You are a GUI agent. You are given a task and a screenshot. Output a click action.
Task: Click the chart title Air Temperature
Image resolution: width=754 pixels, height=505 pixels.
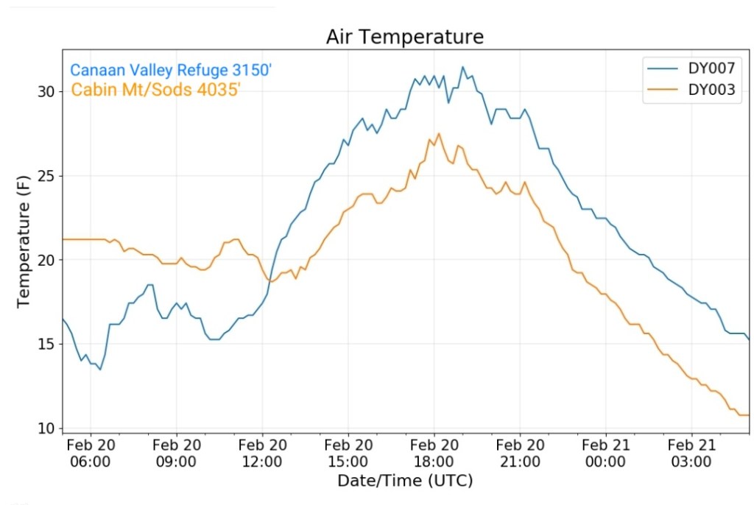tap(404, 37)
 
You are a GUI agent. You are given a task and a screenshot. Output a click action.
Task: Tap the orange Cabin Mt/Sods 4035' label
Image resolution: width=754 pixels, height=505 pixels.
tap(156, 91)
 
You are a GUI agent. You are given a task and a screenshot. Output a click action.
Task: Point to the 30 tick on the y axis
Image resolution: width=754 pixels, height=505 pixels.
tap(45, 92)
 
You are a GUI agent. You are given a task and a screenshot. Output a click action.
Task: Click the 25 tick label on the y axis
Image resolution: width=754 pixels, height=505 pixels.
tap(45, 176)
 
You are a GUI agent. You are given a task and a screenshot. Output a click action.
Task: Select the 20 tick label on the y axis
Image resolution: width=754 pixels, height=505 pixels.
tap(45, 260)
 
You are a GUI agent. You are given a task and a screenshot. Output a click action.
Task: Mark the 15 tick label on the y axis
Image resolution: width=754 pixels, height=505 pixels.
tap(45, 344)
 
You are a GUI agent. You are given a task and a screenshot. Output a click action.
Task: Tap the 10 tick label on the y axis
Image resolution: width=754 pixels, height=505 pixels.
tap(45, 428)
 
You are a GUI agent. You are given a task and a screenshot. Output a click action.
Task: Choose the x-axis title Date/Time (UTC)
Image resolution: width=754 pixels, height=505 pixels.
tap(404, 481)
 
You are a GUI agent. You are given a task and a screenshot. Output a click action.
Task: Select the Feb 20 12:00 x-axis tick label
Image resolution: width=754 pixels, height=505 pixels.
tap(262, 453)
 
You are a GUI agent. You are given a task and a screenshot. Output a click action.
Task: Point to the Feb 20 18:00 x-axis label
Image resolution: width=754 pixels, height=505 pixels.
tap(434, 453)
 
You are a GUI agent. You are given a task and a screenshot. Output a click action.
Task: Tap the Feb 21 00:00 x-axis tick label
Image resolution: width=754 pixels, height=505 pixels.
tap(605, 453)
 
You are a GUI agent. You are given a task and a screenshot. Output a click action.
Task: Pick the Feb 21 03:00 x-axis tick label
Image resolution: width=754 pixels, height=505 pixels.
tap(691, 453)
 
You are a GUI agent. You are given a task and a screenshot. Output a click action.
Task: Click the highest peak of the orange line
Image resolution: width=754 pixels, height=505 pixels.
tap(439, 133)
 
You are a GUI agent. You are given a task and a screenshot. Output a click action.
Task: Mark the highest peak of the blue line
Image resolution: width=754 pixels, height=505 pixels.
tap(462, 67)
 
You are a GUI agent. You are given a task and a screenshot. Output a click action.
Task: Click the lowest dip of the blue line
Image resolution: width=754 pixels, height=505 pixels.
tap(100, 369)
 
